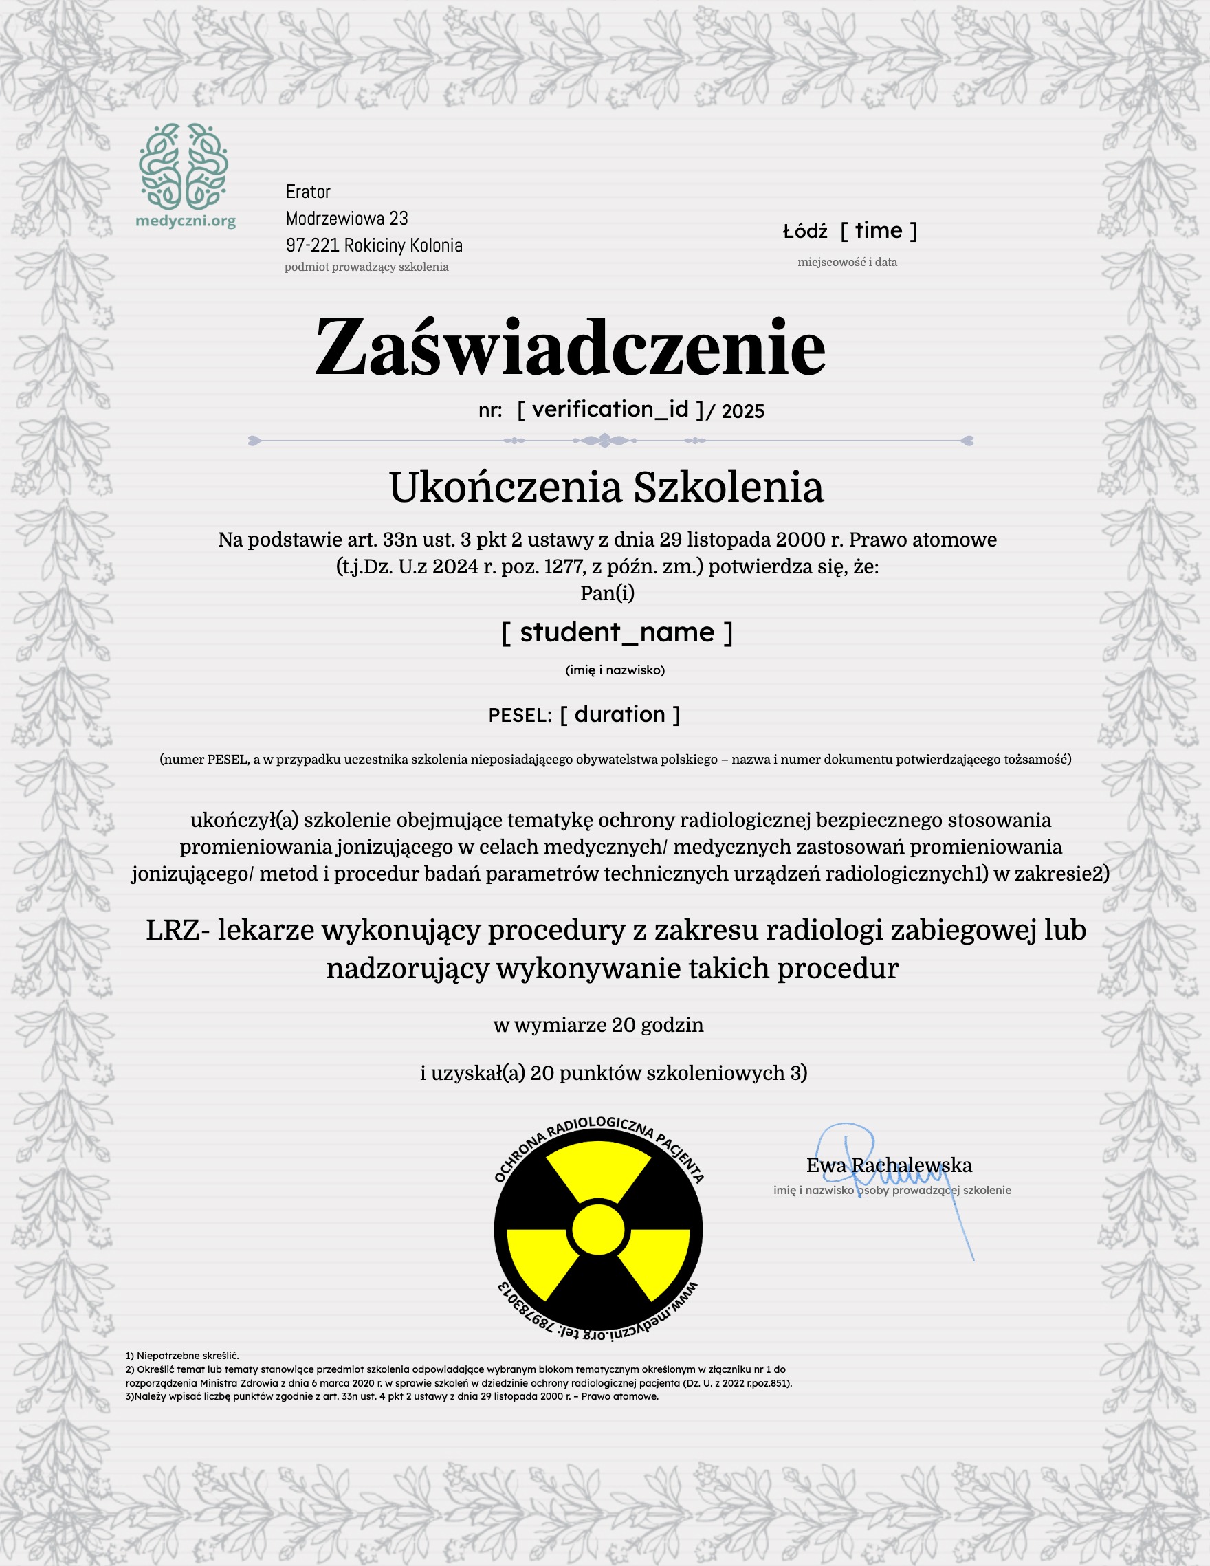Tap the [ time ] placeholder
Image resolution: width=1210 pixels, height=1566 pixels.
tap(879, 231)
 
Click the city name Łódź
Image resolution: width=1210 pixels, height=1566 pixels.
tap(805, 232)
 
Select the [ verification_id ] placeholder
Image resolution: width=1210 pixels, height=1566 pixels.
tap(610, 410)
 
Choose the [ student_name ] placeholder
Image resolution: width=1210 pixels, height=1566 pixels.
tap(617, 632)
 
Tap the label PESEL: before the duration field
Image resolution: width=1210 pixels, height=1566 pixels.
tap(520, 716)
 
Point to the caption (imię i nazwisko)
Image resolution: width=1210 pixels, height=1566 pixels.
tap(615, 670)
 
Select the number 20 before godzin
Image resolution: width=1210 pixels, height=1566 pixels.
tap(624, 1026)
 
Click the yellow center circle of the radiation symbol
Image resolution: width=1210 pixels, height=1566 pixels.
tap(598, 1231)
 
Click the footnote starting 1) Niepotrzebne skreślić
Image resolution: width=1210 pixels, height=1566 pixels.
tap(182, 1356)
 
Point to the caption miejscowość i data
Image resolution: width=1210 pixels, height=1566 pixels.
tap(847, 263)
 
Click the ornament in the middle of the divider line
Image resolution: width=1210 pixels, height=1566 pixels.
tap(604, 440)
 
